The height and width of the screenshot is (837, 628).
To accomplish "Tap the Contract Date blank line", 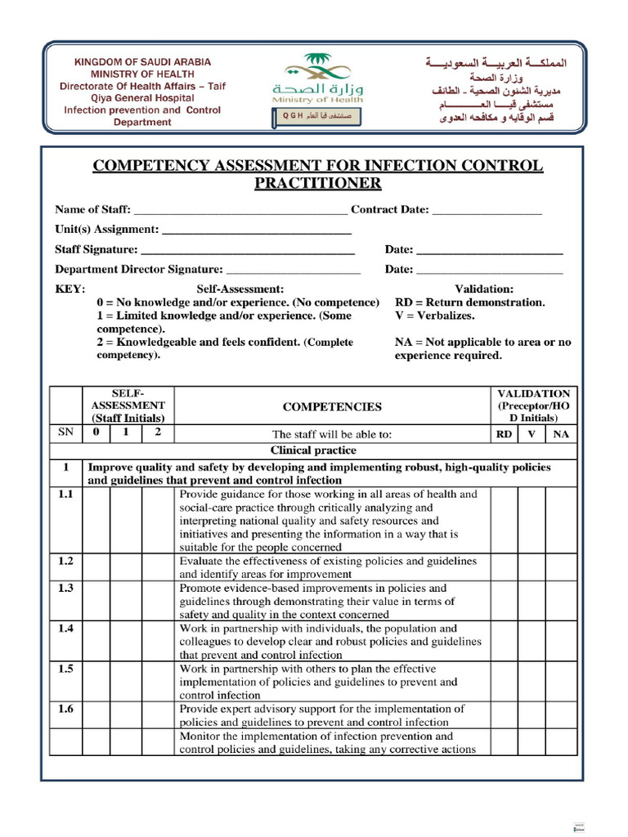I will [x=487, y=210].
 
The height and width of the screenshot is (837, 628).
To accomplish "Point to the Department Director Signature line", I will [x=293, y=270].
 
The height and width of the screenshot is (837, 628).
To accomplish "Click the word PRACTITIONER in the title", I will [x=317, y=183].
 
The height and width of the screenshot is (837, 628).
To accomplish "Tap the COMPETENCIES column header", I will [x=332, y=406].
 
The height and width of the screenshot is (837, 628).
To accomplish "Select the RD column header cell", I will [x=505, y=435].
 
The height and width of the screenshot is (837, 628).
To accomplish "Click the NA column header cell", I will [x=561, y=435].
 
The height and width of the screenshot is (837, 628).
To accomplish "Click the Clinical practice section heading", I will [x=313, y=450].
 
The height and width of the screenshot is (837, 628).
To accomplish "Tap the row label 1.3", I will [x=65, y=589].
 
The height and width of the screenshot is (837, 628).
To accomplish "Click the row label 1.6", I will [x=65, y=709].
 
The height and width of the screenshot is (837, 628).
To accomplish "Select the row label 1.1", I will [x=65, y=495].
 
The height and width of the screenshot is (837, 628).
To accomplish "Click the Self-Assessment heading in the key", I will [x=240, y=289].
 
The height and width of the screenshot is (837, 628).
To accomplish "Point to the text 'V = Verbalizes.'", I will [x=434, y=316].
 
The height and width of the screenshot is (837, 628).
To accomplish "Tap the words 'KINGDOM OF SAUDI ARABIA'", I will [x=142, y=62].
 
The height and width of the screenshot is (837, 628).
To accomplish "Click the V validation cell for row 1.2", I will [x=532, y=567].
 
